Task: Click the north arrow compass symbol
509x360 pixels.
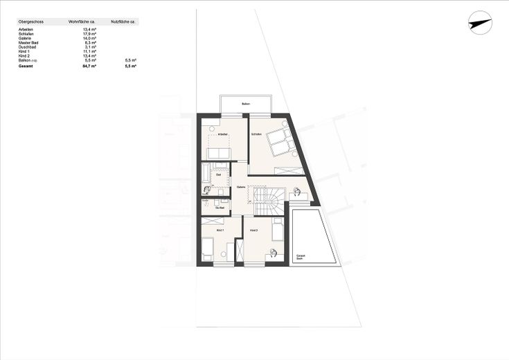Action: pyautogui.click(x=479, y=23)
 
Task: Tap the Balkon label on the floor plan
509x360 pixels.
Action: pyautogui.click(x=246, y=105)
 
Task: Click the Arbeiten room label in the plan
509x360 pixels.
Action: pyautogui.click(x=222, y=134)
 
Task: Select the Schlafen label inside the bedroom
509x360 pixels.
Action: pyautogui.click(x=257, y=134)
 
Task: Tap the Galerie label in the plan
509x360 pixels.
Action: pyautogui.click(x=240, y=187)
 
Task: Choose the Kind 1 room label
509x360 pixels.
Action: pyautogui.click(x=218, y=230)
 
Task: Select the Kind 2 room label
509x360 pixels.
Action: pyautogui.click(x=253, y=230)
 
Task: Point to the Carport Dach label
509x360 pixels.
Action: pyautogui.click(x=301, y=257)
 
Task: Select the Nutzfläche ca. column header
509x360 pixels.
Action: pyautogui.click(x=124, y=22)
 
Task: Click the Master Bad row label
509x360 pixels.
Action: pyautogui.click(x=28, y=43)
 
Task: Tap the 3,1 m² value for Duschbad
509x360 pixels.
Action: pyautogui.click(x=89, y=47)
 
